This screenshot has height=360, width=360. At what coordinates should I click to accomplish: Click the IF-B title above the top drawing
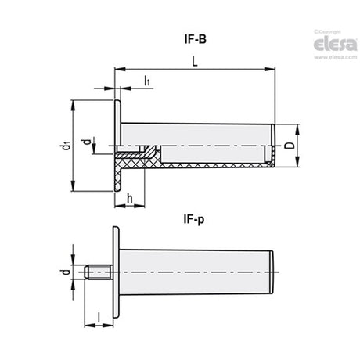click(x=196, y=39)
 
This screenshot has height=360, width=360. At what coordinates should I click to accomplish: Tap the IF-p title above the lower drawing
click(x=194, y=219)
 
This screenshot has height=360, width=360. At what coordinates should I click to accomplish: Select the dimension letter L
click(x=195, y=62)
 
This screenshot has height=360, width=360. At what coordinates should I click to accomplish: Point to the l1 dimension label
click(x=147, y=81)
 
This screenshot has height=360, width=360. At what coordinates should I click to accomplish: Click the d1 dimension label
click(x=66, y=146)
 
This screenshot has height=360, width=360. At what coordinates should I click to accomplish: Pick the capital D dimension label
click(x=289, y=146)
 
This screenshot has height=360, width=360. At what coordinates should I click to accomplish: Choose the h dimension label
click(x=130, y=199)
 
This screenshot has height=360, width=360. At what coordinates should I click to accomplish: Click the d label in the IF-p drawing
click(x=67, y=272)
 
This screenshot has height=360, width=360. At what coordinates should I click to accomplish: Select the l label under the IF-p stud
click(x=99, y=318)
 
